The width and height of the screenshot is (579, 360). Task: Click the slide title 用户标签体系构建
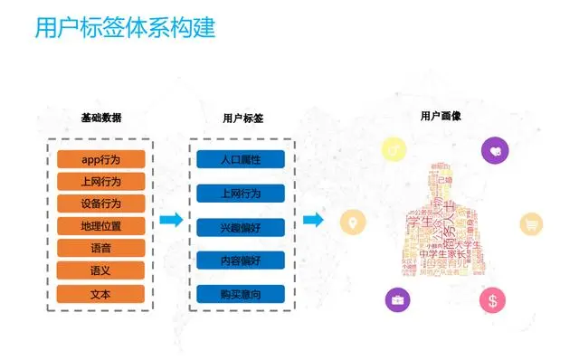click(125, 27)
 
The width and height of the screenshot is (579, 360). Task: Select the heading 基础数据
click(100, 118)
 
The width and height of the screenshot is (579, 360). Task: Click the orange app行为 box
click(101, 160)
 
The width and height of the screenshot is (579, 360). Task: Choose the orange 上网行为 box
click(101, 182)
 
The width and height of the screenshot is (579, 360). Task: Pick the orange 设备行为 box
click(101, 204)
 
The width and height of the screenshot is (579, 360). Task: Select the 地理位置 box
click(101, 226)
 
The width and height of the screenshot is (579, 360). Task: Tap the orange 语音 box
click(101, 248)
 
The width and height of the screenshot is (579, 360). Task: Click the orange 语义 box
click(101, 270)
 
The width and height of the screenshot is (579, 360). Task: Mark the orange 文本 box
click(101, 293)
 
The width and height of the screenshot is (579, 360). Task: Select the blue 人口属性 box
click(241, 160)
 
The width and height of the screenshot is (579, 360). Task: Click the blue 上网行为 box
click(241, 194)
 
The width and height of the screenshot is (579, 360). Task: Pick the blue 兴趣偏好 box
click(241, 226)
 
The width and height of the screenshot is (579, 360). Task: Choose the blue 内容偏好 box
click(241, 261)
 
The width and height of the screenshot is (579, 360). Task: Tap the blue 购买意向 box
click(241, 294)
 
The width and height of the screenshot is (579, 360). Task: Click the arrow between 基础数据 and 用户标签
click(171, 220)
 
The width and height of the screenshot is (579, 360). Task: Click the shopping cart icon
click(529, 225)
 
